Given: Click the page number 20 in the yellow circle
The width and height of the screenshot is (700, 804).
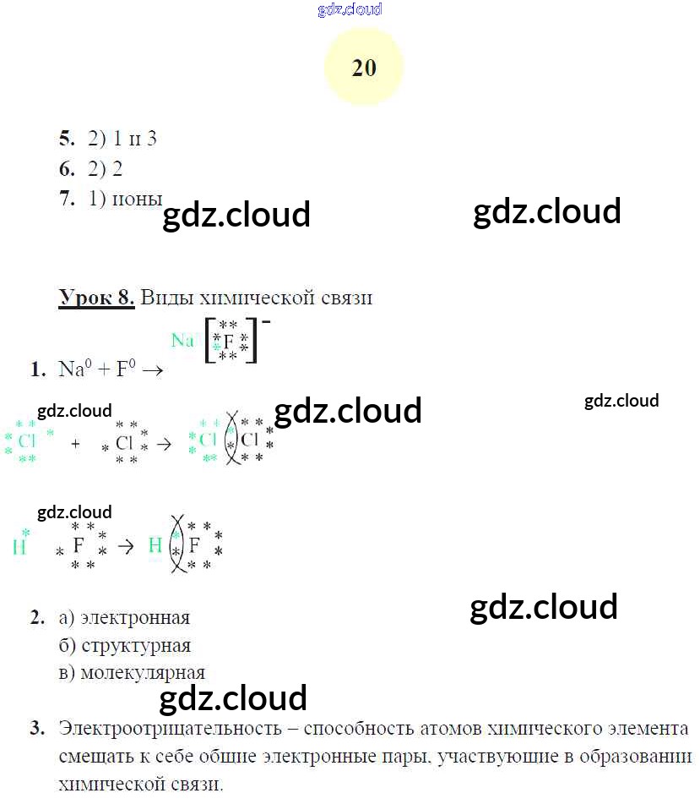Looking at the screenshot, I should tap(364, 68).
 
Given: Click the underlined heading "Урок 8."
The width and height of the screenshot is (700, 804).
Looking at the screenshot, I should tap(96, 298).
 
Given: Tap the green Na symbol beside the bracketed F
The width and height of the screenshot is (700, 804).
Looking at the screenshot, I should tap(182, 340).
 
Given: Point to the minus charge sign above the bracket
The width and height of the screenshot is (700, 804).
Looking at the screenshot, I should tap(266, 322).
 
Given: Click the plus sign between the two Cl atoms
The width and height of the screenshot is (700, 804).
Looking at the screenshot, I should tap(76, 442).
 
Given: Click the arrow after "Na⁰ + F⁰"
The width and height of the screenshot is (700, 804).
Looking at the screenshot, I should tap(152, 369).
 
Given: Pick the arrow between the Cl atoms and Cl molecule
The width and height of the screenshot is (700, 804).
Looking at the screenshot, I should tap(165, 442).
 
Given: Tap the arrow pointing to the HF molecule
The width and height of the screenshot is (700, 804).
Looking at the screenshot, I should tap(126, 545).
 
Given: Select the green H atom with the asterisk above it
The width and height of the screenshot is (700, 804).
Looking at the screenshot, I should tap(19, 546).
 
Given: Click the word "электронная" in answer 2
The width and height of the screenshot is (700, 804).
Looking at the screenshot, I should tap(136, 618).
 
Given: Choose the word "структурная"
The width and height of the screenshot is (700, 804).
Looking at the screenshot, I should tap(136, 646).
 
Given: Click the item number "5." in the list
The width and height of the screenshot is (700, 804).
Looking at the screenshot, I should tap(68, 139).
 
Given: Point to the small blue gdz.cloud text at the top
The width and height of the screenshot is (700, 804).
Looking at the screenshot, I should tap(350, 9).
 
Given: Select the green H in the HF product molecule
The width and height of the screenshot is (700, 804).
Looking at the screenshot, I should tap(155, 545).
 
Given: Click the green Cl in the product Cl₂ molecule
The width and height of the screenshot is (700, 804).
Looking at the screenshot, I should tap(208, 440).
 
